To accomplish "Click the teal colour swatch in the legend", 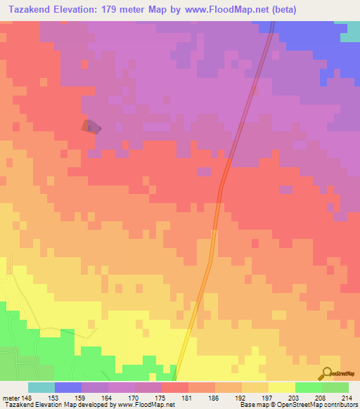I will [x=41, y=387].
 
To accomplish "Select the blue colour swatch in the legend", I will [x=68, y=387].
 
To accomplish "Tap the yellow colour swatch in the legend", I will [x=282, y=387].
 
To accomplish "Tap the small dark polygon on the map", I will [x=90, y=127].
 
